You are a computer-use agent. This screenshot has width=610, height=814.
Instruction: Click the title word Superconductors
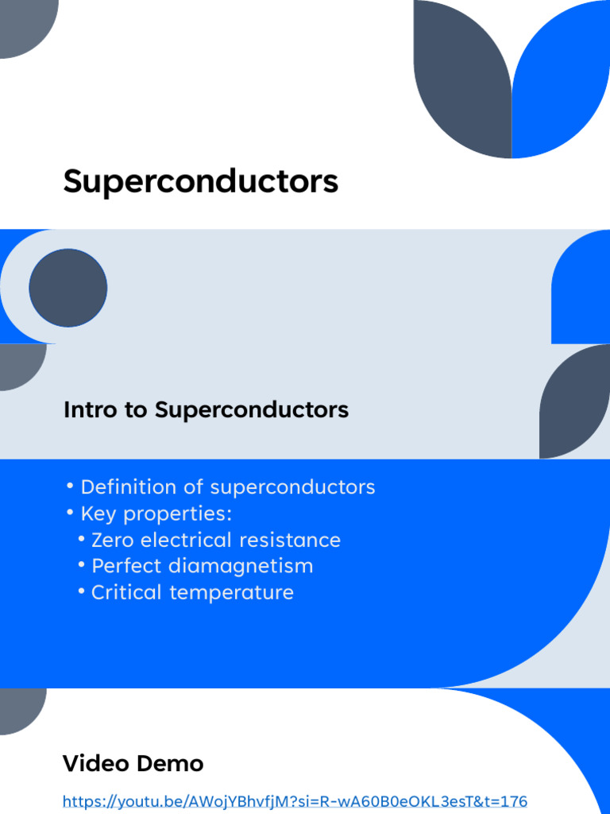200,182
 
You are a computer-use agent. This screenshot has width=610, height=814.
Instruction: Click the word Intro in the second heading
83,410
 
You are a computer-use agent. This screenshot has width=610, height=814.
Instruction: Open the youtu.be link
295,801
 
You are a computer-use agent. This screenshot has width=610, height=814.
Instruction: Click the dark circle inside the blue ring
68,288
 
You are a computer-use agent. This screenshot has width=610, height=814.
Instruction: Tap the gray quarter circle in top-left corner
24,24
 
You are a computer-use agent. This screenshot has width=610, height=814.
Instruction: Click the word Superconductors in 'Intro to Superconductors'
252,410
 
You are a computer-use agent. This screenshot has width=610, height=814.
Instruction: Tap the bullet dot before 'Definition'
70,486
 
